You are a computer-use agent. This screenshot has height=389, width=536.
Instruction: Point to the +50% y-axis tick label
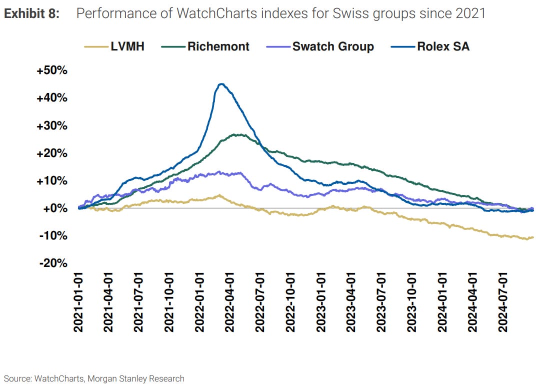pos(51,70)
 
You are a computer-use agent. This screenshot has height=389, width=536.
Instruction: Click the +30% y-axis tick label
pos(51,125)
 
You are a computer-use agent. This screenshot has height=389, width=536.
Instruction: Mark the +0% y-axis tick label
pos(54,208)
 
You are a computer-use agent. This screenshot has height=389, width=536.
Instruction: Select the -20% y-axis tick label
pos(53,263)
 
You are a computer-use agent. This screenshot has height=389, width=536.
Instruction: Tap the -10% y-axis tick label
pos(53,235)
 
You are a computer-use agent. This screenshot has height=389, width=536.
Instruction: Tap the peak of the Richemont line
pos(240,134)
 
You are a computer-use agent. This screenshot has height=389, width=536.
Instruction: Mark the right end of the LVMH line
pos(533,237)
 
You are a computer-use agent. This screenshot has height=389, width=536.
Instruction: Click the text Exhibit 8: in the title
pos(31,13)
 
